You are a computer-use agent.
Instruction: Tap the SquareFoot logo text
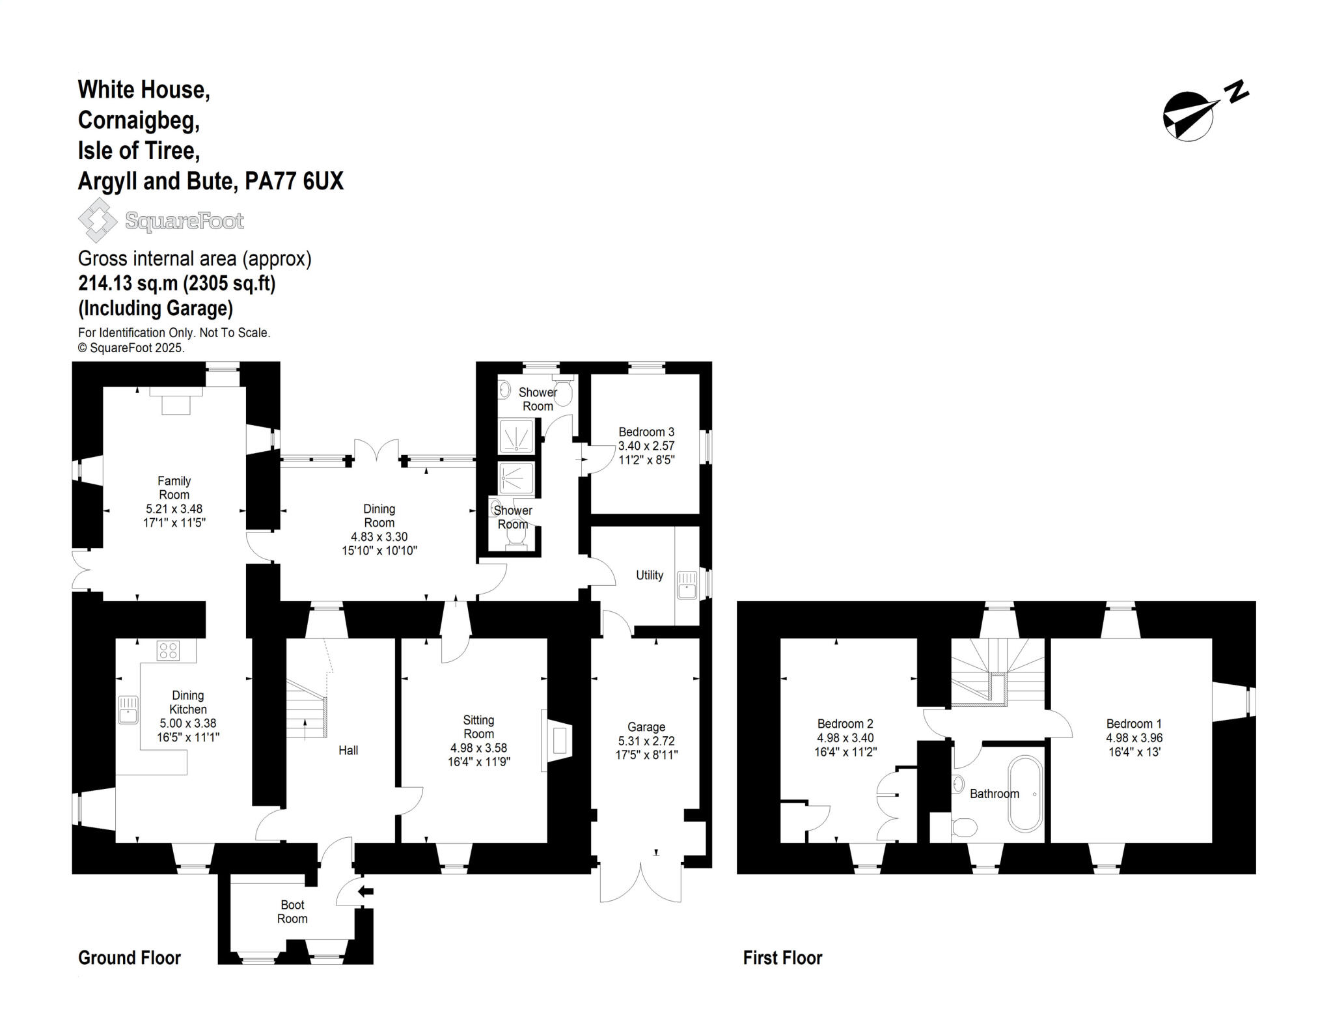pos(184,221)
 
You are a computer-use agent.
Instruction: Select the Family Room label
pos(174,488)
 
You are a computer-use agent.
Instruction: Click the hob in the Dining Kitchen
pos(168,650)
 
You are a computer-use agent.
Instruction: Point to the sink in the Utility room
pos(687,584)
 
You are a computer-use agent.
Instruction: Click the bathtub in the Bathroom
pos(1025,794)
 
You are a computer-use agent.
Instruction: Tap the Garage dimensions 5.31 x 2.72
pos(646,741)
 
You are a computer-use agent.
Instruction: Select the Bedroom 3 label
pos(646,432)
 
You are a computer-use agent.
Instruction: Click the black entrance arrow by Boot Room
pos(366,891)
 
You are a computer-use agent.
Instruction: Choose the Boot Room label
pos(292,911)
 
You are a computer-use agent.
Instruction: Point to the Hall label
pos(348,751)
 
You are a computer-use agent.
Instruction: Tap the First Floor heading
pos(782,958)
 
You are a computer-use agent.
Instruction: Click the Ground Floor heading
pos(130,958)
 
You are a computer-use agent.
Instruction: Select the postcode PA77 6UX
pos(294,181)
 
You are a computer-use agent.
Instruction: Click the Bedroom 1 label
pos(1134,723)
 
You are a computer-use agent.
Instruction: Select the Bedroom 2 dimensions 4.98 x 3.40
pos(845,738)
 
